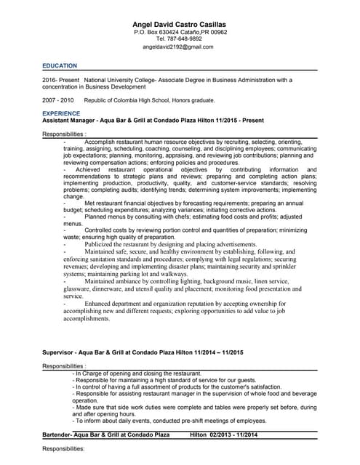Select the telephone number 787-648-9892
click(185, 39)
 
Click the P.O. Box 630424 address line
click(180, 33)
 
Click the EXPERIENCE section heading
click(61, 114)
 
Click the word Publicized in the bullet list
click(102, 245)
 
